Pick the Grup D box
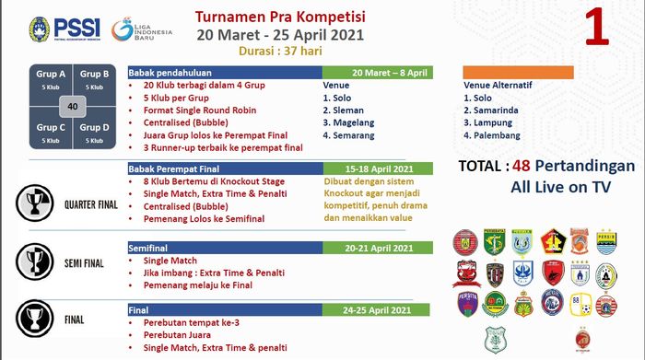tap(95, 133)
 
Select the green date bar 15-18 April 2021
tap(378, 168)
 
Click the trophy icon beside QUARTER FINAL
tap(34, 202)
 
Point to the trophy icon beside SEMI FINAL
tap(33, 261)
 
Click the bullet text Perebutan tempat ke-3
tap(190, 323)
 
